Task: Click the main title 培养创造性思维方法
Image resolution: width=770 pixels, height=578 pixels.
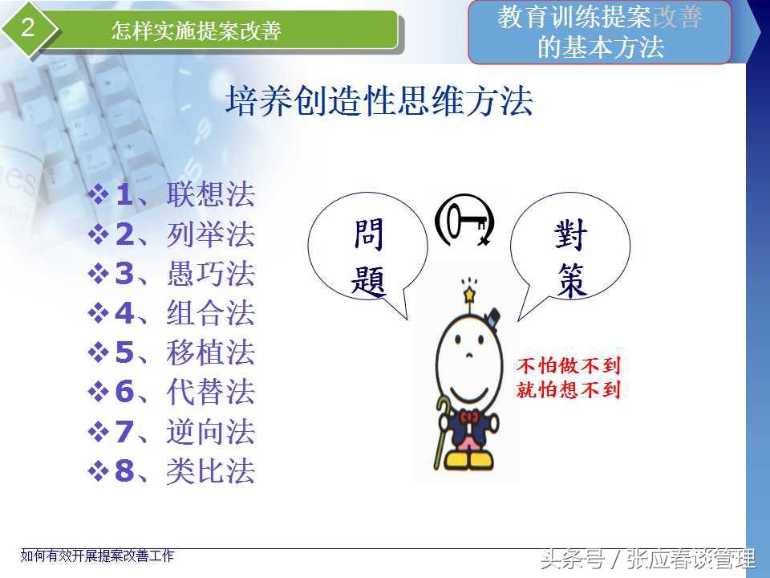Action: tap(379, 101)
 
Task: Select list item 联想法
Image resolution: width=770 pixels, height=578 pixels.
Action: tap(211, 194)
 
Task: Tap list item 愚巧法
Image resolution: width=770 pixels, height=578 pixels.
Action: tap(211, 273)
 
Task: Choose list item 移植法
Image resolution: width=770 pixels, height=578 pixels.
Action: tap(211, 352)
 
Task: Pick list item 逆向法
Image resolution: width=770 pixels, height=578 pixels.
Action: tap(211, 432)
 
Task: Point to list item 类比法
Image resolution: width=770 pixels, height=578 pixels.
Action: tap(211, 471)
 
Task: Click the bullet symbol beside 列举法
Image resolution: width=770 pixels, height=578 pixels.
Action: tap(98, 234)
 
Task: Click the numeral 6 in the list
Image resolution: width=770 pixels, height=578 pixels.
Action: tap(124, 392)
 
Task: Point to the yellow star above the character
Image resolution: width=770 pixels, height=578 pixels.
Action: tap(469, 295)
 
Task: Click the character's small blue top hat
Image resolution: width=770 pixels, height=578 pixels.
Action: tap(492, 316)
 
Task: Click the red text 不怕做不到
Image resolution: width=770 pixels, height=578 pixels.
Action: tap(569, 366)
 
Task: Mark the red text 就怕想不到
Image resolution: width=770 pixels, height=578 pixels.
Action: tap(569, 389)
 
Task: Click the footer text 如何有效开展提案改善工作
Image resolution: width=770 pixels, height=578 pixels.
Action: tap(97, 556)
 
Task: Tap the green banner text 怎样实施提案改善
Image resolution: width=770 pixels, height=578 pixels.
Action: tap(196, 31)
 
